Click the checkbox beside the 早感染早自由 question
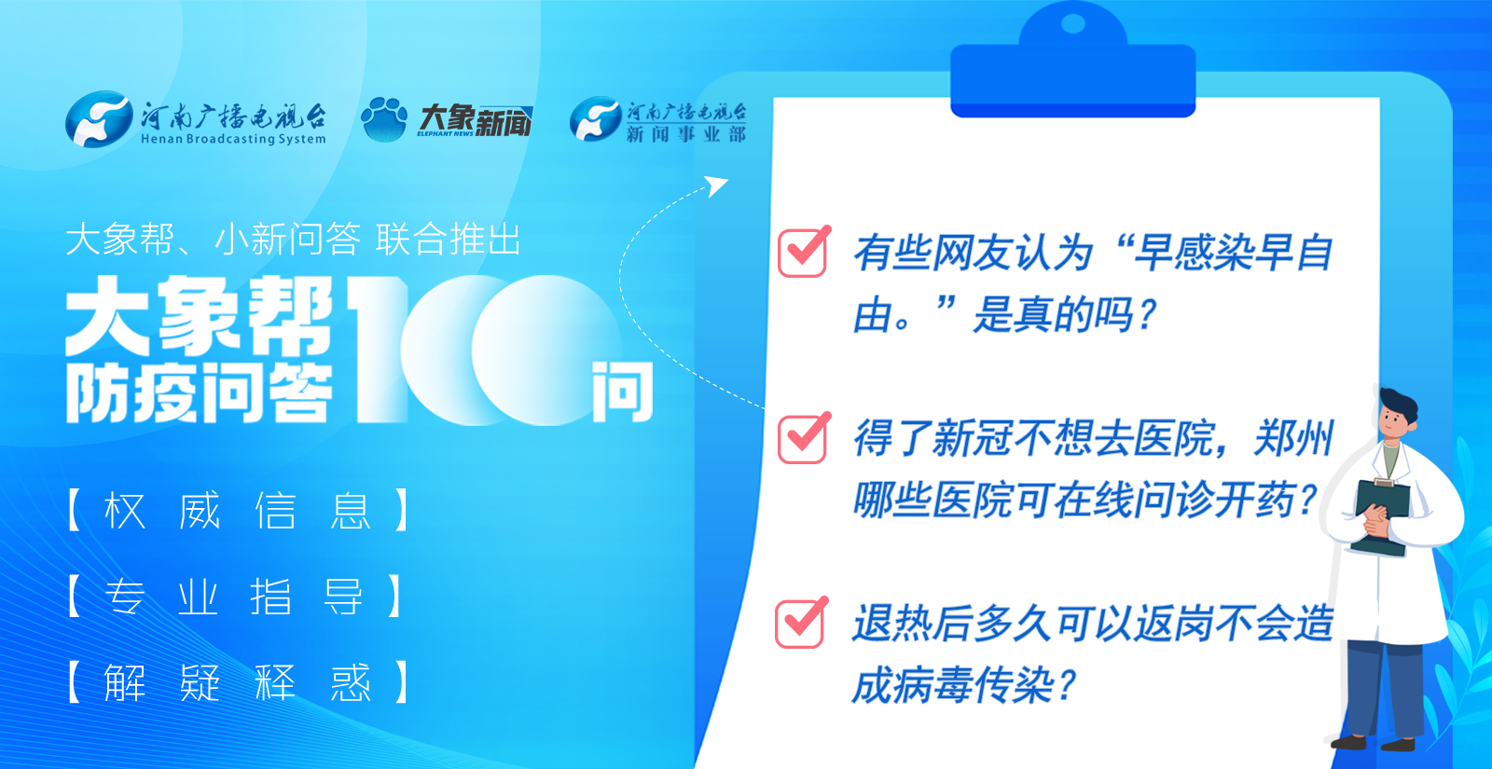click(x=803, y=252)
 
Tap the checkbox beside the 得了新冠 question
click(x=803, y=438)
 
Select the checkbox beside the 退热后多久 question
click(x=801, y=623)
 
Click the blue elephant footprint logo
click(x=383, y=119)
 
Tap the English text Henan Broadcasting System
click(x=233, y=139)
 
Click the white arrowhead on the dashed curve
click(x=717, y=185)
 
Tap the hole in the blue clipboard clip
click(x=1072, y=24)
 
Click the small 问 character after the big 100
click(x=622, y=392)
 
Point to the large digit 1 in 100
click(x=379, y=350)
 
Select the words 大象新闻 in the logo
click(x=475, y=120)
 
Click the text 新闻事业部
click(x=686, y=134)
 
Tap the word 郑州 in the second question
click(x=1293, y=439)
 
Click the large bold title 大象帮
click(x=199, y=316)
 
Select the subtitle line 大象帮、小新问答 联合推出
click(x=293, y=239)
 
